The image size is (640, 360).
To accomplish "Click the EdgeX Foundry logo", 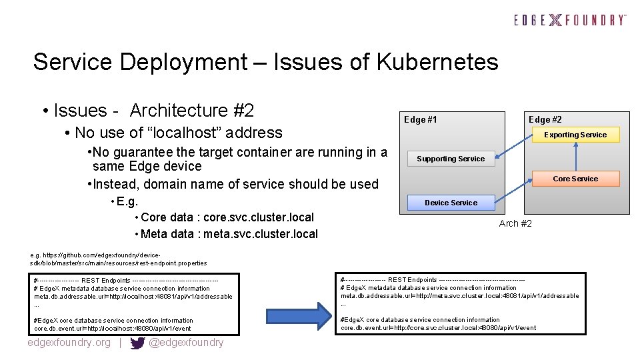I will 570,20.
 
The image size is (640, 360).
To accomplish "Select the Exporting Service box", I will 575,135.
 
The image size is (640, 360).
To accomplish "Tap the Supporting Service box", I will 451,159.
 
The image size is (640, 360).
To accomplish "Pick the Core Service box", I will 575,179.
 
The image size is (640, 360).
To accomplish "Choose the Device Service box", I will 451,203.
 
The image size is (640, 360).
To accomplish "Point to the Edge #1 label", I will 421,120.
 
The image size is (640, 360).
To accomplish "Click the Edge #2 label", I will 545,120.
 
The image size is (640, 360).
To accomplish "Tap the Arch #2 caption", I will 515,223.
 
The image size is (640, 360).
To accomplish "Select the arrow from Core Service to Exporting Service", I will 575,157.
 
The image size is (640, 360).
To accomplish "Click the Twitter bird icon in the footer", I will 138,343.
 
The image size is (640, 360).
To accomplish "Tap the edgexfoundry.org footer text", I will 69,343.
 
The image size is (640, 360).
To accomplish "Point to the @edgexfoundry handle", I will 186,343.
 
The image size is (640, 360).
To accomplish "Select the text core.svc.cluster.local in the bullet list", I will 259,217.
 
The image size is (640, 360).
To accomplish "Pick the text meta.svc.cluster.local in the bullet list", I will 261,234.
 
